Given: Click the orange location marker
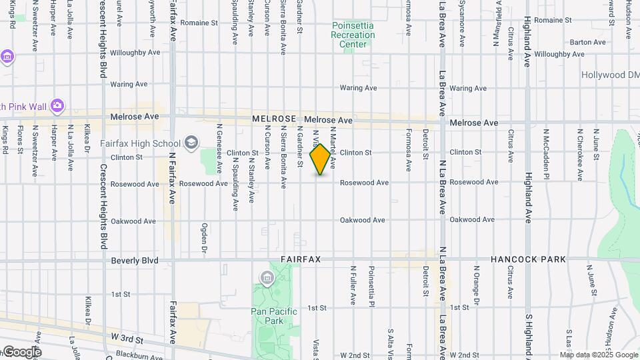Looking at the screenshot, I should click(x=320, y=159).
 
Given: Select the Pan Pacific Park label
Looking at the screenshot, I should click(x=267, y=315).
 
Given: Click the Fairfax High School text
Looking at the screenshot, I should click(x=140, y=143).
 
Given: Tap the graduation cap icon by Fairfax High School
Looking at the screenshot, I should click(x=191, y=142).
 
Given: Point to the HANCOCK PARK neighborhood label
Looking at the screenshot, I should click(x=528, y=259).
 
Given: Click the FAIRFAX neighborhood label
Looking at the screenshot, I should click(x=301, y=259).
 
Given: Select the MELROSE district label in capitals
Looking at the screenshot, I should click(x=273, y=119).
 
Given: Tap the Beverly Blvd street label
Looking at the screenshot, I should click(x=135, y=261).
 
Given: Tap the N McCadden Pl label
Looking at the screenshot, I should click(x=545, y=154).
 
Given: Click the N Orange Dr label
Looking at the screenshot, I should click(x=477, y=283).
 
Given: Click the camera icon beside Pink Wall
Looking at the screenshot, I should click(x=57, y=105).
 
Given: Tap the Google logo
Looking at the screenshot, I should click(x=21, y=351).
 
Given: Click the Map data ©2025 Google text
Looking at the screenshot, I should click(x=598, y=355).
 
